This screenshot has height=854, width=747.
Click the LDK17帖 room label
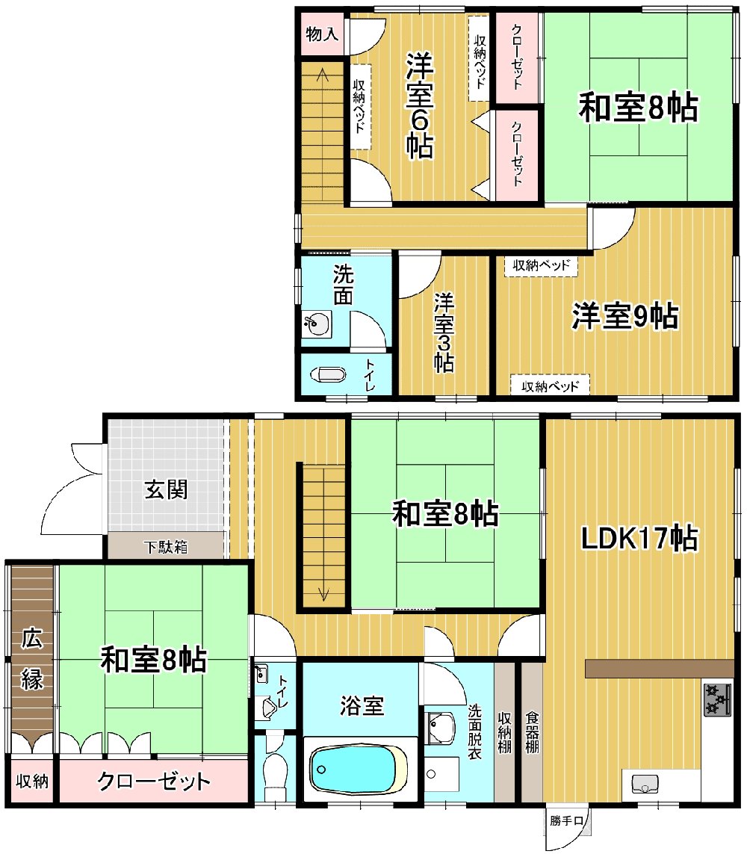tap(639, 538)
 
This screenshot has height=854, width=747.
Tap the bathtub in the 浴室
tap(359, 769)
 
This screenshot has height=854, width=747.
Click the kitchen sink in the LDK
tap(645, 784)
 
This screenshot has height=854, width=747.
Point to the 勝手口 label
tap(566, 820)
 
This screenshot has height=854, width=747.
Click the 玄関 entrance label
tap(166, 489)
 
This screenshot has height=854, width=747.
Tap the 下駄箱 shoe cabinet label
tap(166, 546)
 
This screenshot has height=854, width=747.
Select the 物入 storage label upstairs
tap(322, 34)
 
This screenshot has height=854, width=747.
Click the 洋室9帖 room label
tap(624, 315)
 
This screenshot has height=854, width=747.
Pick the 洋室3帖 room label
tap(444, 332)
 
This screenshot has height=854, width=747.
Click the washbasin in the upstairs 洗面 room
tap(316, 325)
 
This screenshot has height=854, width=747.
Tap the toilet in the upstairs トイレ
tap(328, 375)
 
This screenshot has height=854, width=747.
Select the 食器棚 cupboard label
tap(531, 731)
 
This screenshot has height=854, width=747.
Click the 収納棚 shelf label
tap(505, 731)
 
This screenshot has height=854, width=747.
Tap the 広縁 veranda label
tap(31, 659)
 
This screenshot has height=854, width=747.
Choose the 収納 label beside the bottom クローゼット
tap(32, 782)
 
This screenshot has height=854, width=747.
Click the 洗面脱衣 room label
tap(475, 731)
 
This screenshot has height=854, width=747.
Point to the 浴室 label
tap(362, 706)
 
